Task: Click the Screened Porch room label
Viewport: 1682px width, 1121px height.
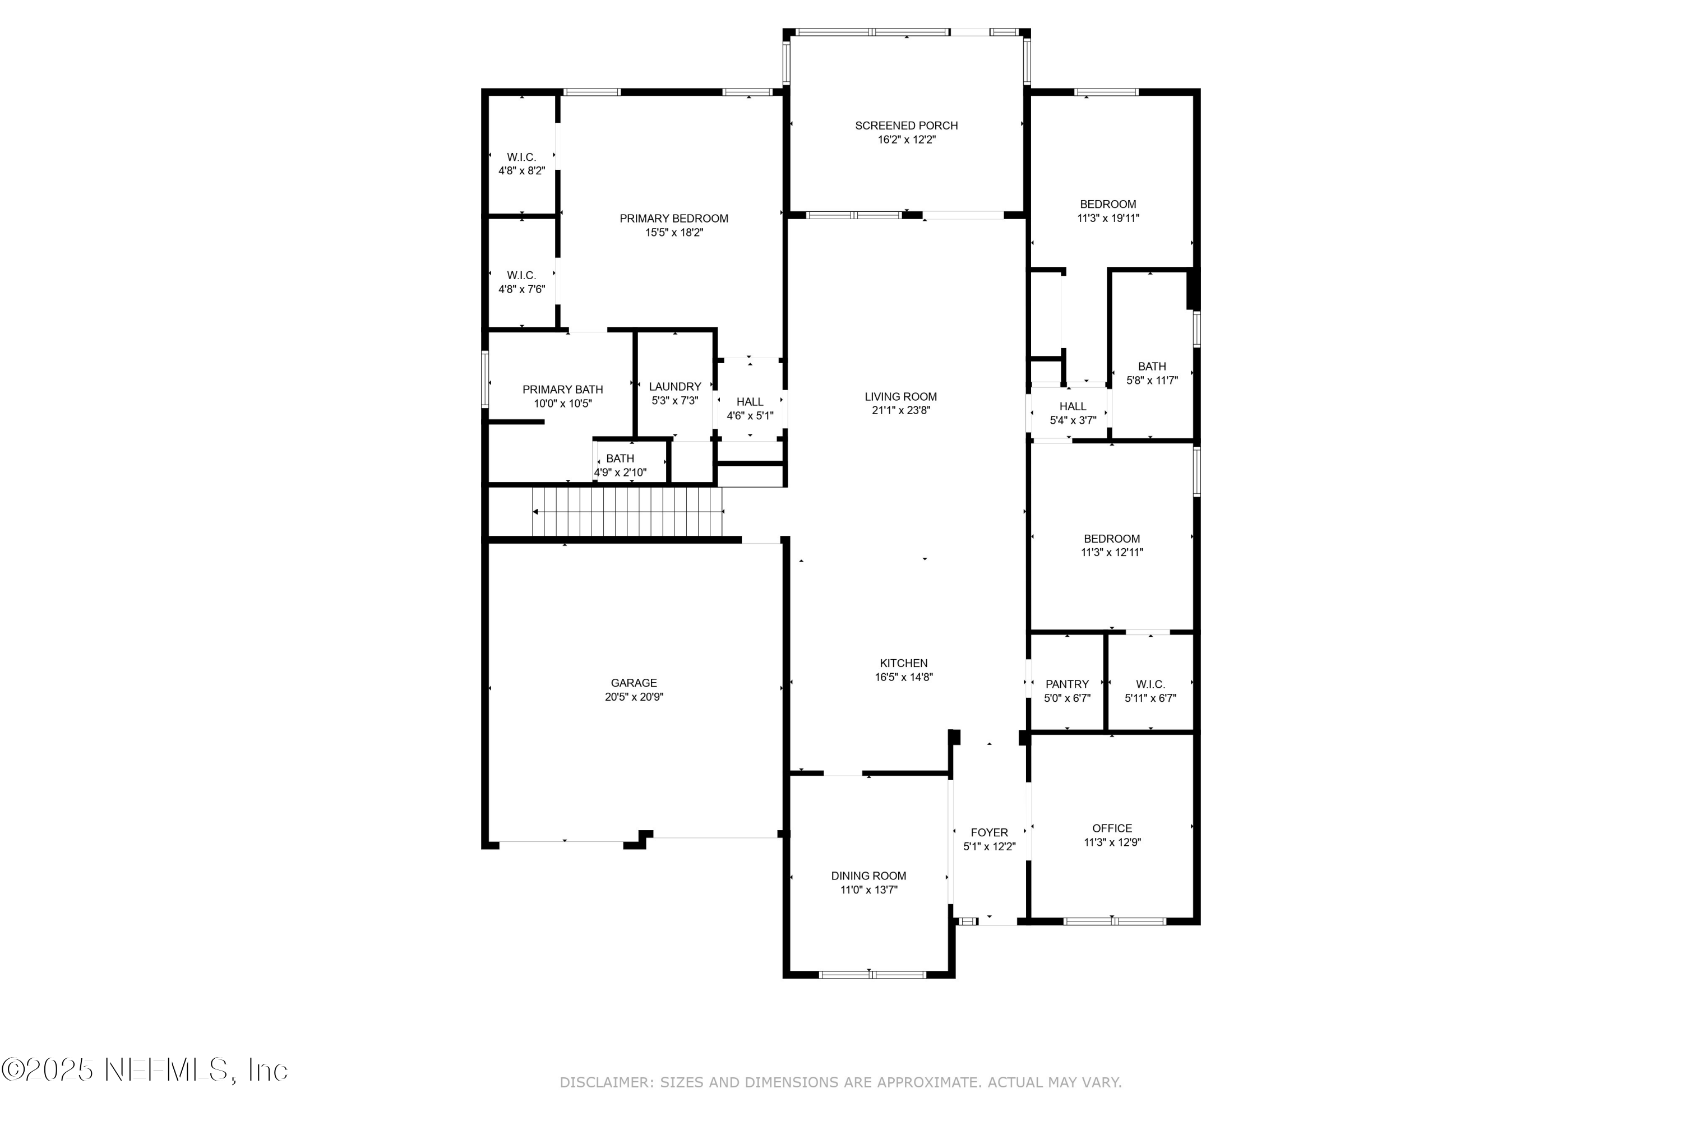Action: click(x=906, y=126)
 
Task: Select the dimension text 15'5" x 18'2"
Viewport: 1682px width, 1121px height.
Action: click(x=674, y=233)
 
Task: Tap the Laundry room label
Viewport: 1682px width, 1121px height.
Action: click(x=674, y=387)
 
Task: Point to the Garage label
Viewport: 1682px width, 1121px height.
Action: click(x=634, y=683)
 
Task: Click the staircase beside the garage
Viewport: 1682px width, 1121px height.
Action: click(x=627, y=512)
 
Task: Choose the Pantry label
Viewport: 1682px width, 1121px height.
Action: click(x=1067, y=684)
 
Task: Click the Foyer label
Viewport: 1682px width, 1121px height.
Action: click(x=989, y=832)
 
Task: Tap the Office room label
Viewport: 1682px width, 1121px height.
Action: click(x=1112, y=828)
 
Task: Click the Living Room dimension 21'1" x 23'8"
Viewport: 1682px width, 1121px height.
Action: click(x=901, y=410)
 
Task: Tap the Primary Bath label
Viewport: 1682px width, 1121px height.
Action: click(x=562, y=390)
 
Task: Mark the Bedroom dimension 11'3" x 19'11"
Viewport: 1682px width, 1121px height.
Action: click(x=1108, y=219)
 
